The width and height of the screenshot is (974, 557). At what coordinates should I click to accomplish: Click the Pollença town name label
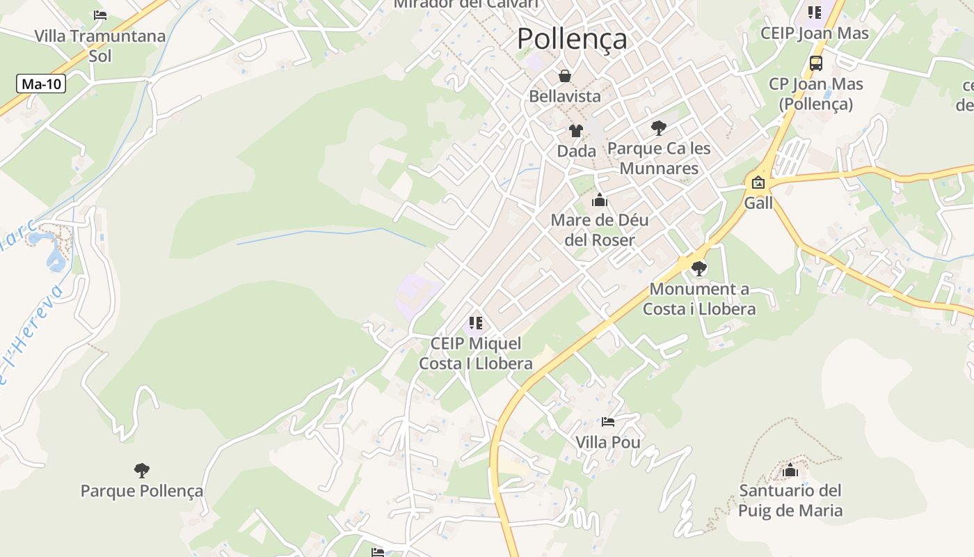(572, 39)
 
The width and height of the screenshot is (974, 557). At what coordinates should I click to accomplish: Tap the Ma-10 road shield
(41, 84)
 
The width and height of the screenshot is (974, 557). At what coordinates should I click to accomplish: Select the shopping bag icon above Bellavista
(565, 75)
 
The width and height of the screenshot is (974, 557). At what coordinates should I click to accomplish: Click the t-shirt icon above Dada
(575, 130)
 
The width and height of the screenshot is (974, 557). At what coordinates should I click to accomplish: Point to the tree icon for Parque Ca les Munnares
(658, 127)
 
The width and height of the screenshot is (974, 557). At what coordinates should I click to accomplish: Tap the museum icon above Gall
(758, 182)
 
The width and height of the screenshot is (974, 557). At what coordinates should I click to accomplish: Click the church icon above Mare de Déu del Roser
(599, 201)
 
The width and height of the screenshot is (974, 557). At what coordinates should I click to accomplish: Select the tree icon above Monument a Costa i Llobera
(698, 268)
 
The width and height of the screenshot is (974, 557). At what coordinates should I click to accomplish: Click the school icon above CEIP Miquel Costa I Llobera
(475, 323)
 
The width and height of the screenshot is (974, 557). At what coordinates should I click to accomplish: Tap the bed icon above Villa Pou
(607, 422)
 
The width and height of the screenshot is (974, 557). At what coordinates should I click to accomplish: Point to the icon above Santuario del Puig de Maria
(790, 471)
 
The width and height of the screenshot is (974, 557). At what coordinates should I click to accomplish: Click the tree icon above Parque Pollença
(142, 471)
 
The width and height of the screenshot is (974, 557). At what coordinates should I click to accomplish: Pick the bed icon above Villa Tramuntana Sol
(99, 15)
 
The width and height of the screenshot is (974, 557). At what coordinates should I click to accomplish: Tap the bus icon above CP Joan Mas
(815, 63)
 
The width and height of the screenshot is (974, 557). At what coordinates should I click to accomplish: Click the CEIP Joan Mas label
(814, 33)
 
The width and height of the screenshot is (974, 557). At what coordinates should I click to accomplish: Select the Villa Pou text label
(607, 442)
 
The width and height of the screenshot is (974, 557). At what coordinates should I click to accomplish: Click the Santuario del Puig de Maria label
(790, 501)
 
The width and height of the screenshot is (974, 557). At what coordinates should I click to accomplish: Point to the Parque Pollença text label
(142, 491)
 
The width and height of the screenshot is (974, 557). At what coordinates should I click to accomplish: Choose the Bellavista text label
(565, 96)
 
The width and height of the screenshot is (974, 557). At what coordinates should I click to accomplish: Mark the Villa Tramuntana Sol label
(99, 45)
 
